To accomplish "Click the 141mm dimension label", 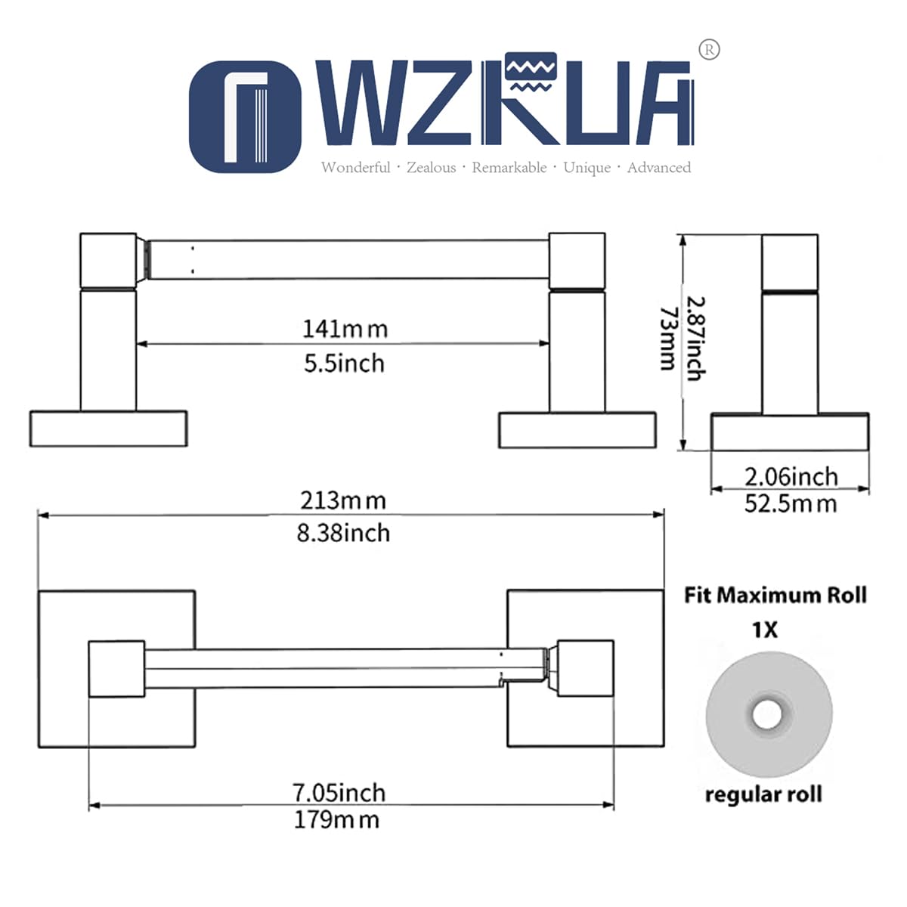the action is click(345, 329).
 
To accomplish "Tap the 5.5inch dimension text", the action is click(344, 364).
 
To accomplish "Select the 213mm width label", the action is click(343, 500).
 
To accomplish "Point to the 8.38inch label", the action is click(343, 534).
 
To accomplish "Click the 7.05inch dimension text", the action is click(339, 793).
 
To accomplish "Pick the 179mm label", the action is click(336, 819).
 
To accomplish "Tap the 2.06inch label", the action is click(791, 477).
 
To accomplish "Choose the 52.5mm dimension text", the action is click(791, 503).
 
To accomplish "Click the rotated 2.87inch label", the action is click(695, 338).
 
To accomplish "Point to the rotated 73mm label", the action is click(668, 339).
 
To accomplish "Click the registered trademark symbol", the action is click(709, 50).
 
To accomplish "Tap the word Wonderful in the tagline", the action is click(356, 167).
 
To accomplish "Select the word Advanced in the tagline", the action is click(659, 167).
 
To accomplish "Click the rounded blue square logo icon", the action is click(245, 116).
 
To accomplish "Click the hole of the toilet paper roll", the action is click(768, 714).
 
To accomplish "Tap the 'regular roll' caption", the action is click(763, 794).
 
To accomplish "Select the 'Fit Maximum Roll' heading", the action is click(775, 596).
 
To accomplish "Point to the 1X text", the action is click(765, 630).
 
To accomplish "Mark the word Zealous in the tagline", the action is click(431, 167).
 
